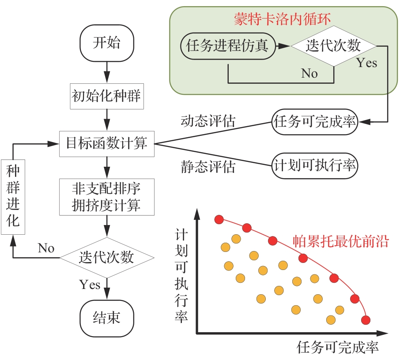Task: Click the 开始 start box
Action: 106,44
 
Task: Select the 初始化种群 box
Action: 106,95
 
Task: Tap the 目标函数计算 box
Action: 106,143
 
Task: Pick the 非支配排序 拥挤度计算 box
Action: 106,197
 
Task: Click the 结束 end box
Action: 106,317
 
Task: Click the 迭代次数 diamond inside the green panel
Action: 334,45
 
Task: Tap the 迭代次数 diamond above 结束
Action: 106,257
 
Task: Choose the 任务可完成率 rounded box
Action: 315,121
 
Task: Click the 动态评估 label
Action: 208,120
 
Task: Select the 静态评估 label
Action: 208,166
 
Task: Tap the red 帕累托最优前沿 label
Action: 340,241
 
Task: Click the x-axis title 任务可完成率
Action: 338,347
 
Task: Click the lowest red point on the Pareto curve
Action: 366,320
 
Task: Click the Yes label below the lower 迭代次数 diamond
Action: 90,285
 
